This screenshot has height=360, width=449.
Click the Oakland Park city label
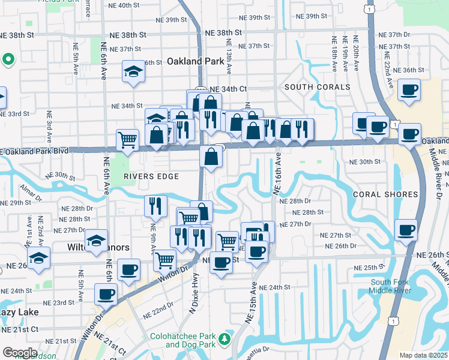pos(191,61)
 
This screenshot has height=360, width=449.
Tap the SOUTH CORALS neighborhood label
pos(317,87)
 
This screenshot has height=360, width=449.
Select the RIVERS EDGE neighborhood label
pos(151,176)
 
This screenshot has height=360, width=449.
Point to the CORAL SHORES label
pos(385,194)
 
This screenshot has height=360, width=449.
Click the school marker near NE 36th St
pos(133,72)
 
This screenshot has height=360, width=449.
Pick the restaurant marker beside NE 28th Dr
pos(155,206)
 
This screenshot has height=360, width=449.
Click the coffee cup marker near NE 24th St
pos(106,295)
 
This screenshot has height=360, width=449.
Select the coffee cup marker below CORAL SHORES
pos(406,230)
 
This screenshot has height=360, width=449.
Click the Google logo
pos(20,353)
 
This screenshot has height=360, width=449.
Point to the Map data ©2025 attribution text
pos(423,355)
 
